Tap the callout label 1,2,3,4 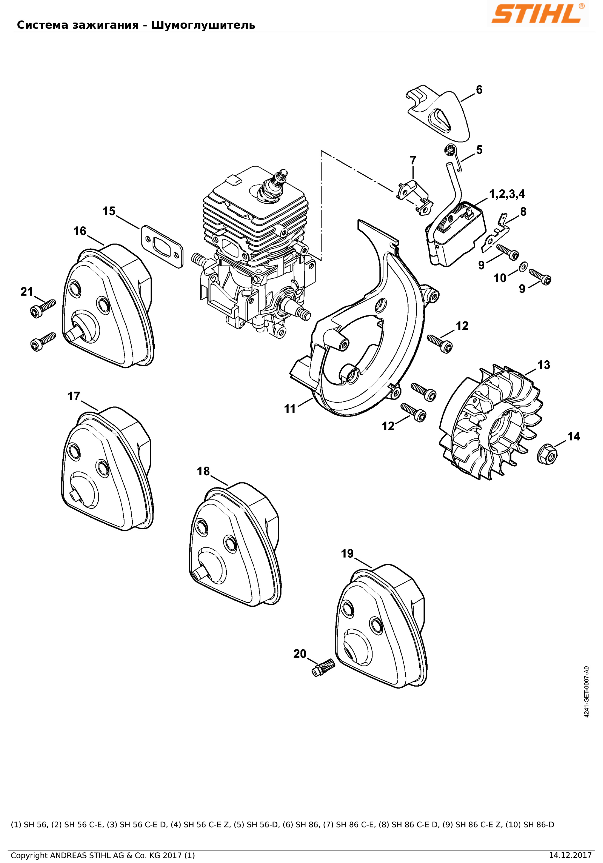[x=507, y=194]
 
